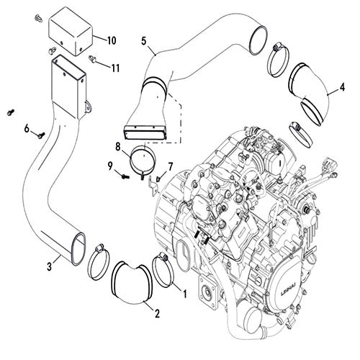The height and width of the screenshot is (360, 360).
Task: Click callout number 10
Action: (112, 38)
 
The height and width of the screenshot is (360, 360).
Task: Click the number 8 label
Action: (117, 146)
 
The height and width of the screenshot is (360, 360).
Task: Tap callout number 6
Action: (27, 129)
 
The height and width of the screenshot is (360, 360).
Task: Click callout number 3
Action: (49, 268)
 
